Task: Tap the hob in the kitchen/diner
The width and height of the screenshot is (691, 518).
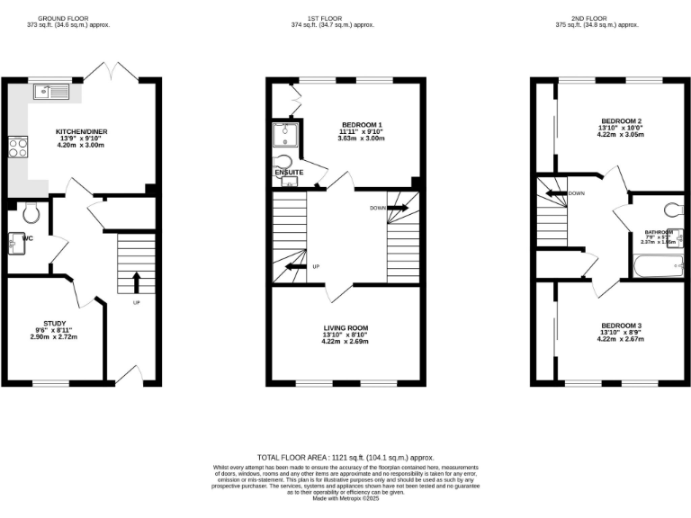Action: coord(18,147)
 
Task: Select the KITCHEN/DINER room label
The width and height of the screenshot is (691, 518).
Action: coord(82,131)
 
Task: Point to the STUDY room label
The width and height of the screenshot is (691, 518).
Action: coord(55,324)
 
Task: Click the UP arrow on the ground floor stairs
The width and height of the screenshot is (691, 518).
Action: coord(136,281)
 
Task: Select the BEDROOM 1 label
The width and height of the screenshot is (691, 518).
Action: coord(362,124)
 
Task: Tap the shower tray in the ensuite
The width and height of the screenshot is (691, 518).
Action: coord(284,134)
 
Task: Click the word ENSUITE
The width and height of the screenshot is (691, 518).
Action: coord(289,172)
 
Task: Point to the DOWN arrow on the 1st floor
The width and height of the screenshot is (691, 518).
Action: coord(397,208)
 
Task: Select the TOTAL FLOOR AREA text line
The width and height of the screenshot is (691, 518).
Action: coord(345,457)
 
